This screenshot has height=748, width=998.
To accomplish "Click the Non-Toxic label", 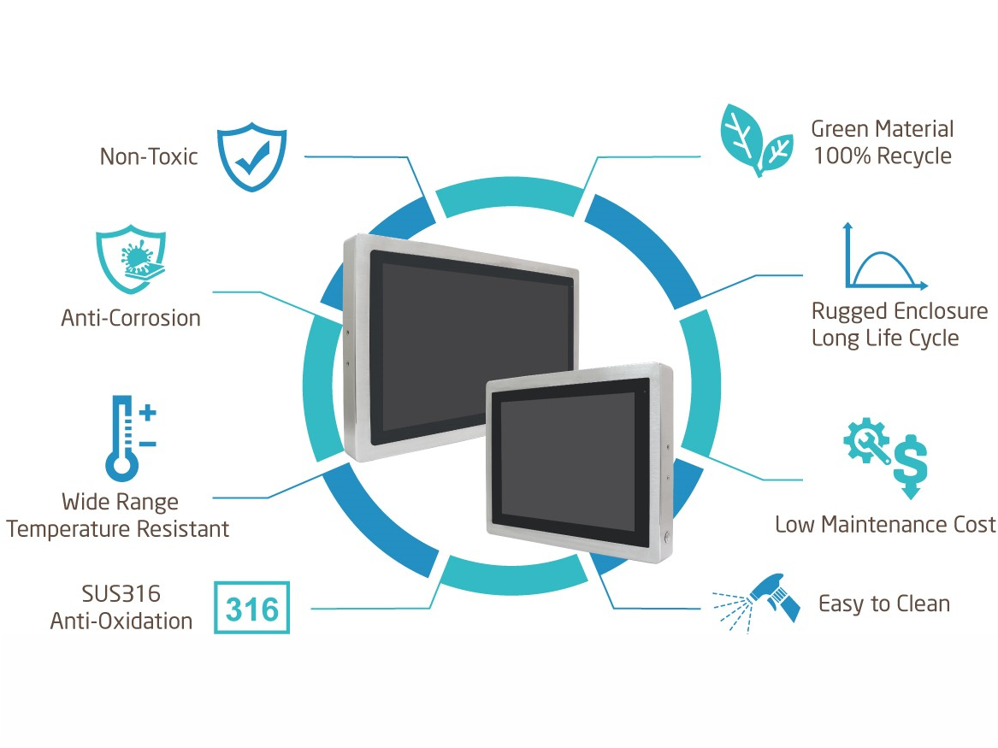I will (149, 156).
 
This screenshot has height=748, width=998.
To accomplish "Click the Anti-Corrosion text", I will (131, 318).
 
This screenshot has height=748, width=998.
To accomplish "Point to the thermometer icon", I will (123, 438).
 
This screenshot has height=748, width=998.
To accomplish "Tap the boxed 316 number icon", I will (252, 608).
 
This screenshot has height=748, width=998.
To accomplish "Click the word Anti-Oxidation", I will (121, 621).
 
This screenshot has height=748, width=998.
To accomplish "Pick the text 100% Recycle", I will (883, 156).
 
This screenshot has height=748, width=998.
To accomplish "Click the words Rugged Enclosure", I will (899, 310).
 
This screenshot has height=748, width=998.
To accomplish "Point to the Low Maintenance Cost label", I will (885, 524).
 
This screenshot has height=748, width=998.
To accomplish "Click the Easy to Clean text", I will (884, 604).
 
